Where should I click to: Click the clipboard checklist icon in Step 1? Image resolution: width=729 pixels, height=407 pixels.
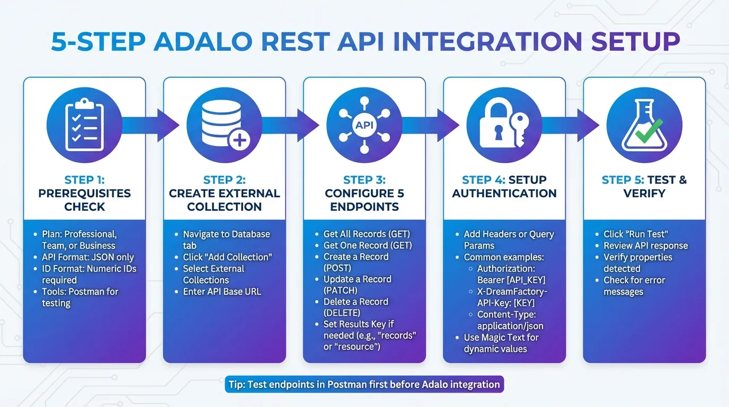84,126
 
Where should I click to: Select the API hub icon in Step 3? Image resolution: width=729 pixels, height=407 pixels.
364,126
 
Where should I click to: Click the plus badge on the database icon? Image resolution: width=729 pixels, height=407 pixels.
240,141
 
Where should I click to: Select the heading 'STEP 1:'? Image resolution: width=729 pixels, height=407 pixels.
84,180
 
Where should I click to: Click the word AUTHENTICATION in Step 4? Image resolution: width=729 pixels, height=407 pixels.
504,193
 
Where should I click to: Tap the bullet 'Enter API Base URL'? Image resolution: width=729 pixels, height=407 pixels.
222,291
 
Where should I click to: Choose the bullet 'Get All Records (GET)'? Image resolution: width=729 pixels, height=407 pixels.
367,234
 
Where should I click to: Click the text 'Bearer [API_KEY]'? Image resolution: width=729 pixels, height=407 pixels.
511,280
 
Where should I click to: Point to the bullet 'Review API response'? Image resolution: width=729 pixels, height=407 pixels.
645,245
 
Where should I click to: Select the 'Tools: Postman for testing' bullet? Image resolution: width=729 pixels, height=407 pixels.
80,297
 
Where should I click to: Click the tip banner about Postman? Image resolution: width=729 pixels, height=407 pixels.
364,384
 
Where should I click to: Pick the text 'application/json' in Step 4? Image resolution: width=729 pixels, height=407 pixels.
510,326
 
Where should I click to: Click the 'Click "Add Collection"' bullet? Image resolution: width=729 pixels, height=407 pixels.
227,257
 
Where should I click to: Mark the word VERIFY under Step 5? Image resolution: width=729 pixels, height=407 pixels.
644,193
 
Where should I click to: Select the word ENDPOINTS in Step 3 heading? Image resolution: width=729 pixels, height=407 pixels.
364,207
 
